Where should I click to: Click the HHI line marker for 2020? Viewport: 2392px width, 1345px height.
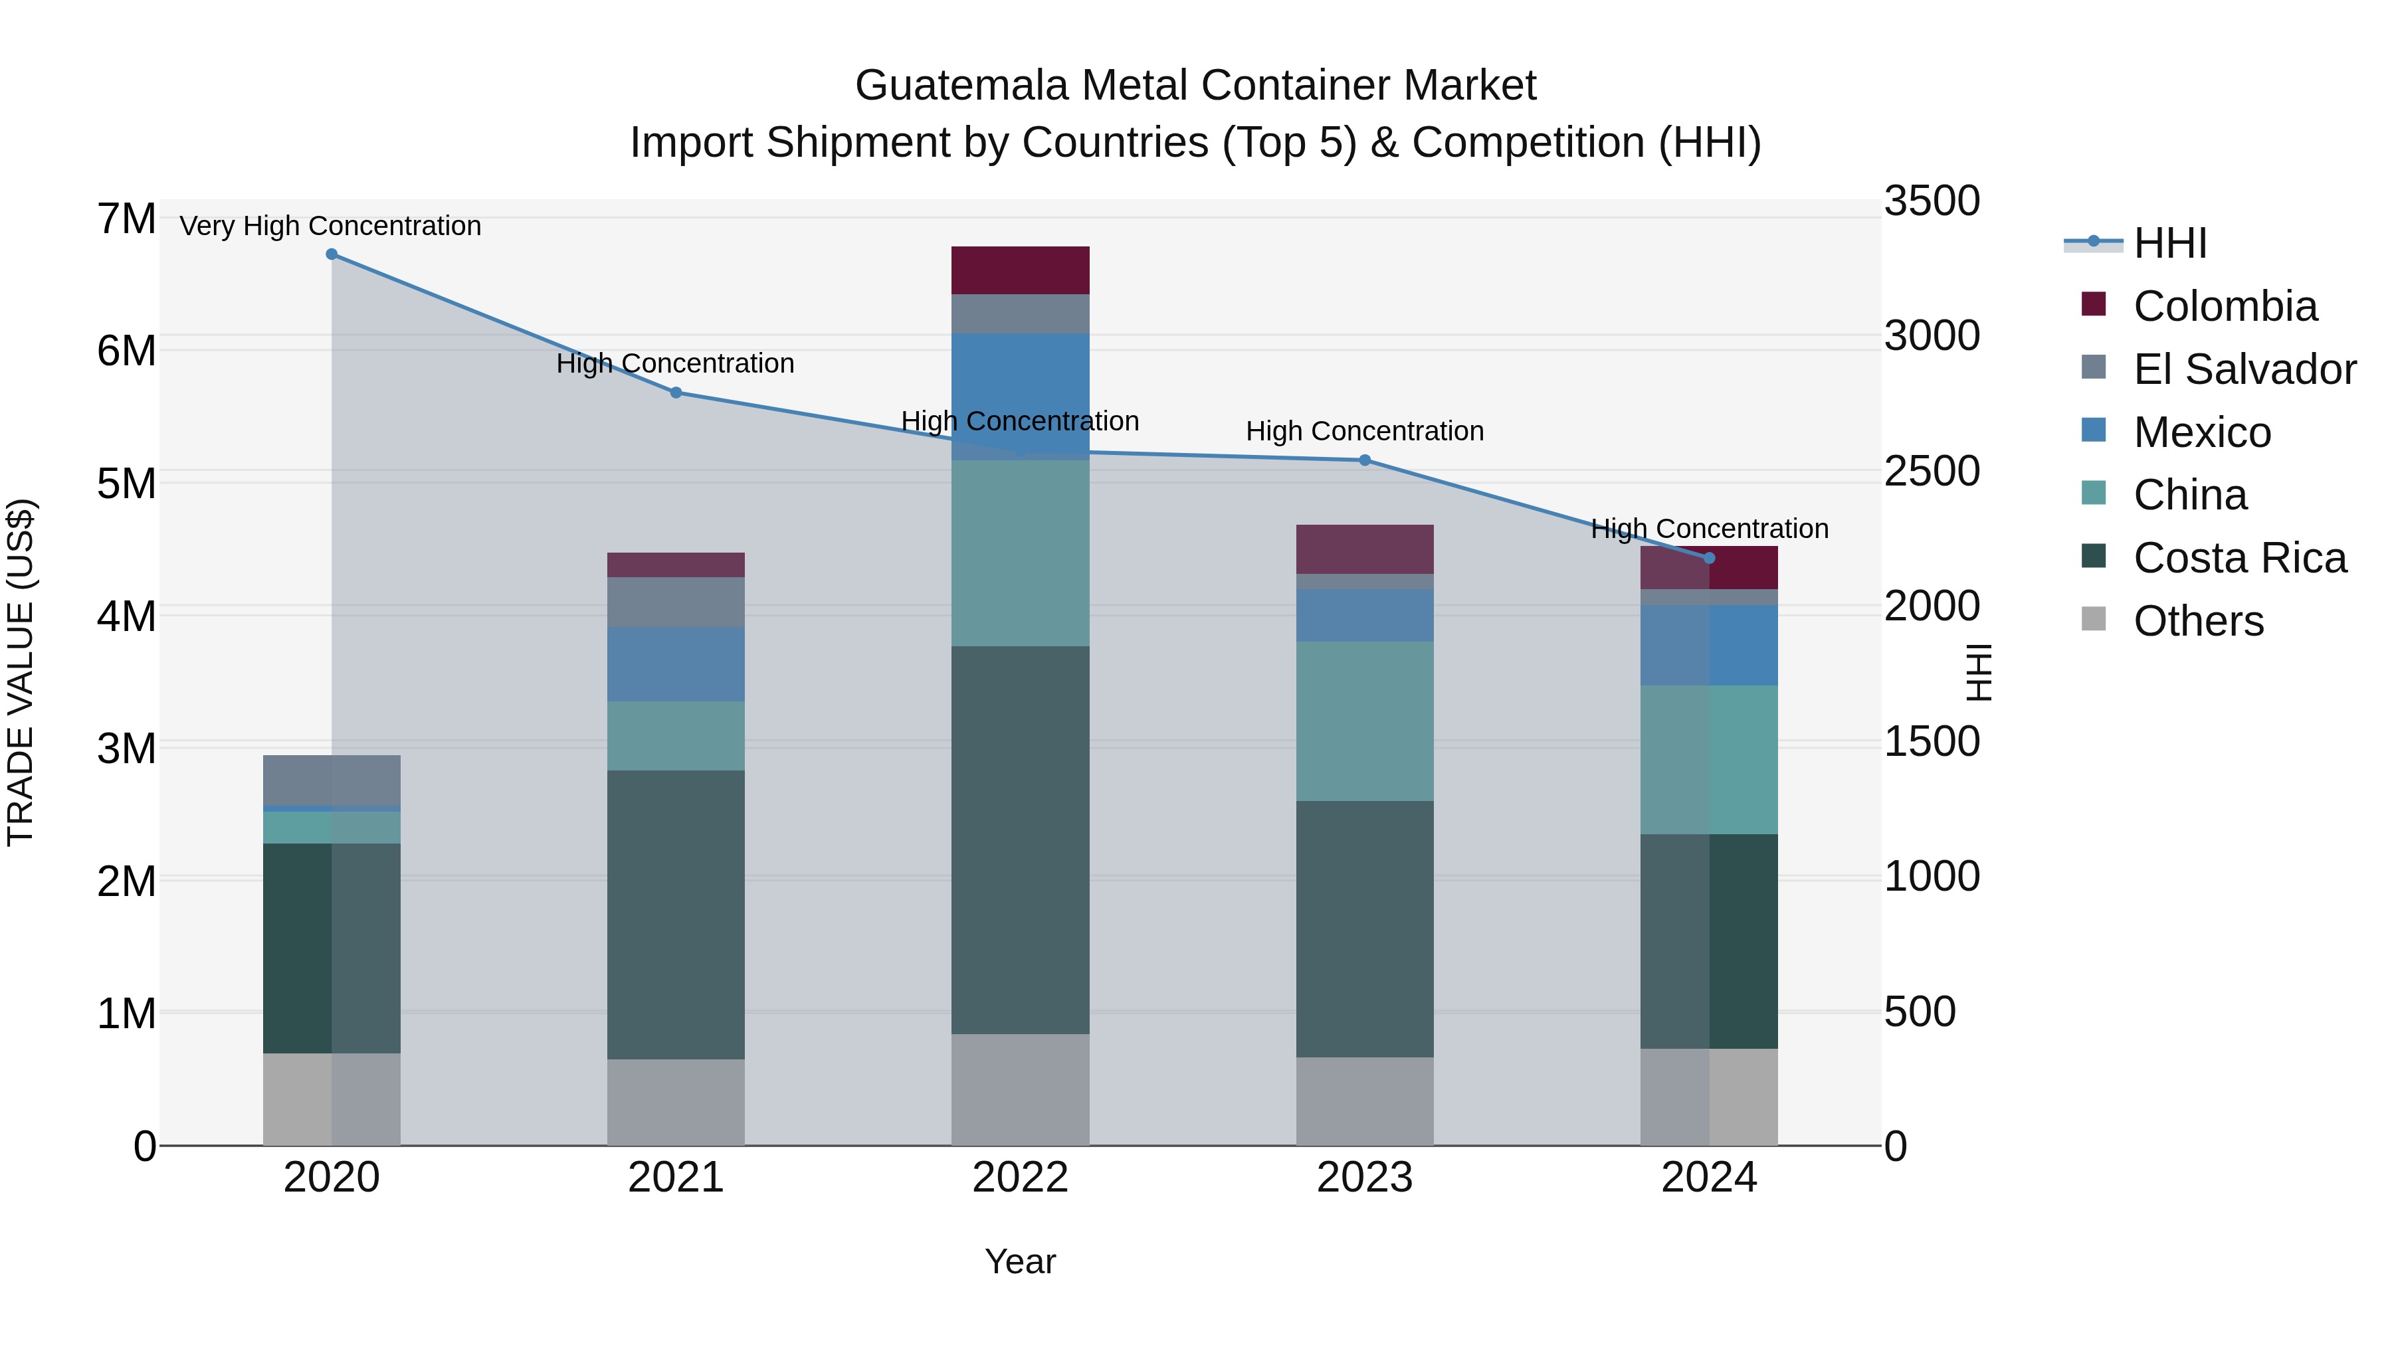332,254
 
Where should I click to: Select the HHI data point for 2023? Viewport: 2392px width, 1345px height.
1364,460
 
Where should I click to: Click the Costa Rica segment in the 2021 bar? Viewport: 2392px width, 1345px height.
675,915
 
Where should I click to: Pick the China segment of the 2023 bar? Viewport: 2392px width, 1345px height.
1364,721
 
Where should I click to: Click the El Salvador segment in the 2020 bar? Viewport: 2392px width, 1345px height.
332,780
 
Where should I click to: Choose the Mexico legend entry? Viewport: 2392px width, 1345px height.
2201,432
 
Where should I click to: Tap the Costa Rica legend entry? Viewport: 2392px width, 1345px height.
2238,558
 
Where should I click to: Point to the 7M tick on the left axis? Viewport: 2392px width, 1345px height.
126,220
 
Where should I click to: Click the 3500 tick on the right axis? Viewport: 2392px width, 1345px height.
1932,201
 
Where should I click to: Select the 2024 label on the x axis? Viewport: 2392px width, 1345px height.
1708,1178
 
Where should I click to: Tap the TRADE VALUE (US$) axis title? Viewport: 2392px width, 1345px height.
21,672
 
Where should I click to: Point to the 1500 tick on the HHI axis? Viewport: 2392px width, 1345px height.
1932,742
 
